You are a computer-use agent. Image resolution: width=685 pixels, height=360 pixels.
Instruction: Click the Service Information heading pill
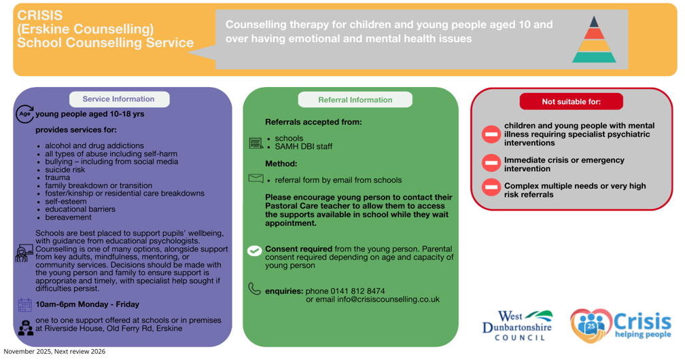(x=120, y=99)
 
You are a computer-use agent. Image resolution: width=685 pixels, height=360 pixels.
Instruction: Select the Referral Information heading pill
(x=355, y=100)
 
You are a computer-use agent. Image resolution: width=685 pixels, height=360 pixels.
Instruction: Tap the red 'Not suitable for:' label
(x=571, y=101)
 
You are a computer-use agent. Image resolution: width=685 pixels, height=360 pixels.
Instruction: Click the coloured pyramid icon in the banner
(x=594, y=39)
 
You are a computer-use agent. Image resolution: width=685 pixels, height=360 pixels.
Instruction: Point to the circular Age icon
(x=25, y=113)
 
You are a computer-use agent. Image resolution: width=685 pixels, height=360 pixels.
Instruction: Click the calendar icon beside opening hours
(x=25, y=304)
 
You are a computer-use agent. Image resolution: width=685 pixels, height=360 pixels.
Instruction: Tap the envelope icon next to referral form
(x=256, y=178)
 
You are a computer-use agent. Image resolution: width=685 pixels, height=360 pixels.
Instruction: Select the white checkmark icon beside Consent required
(x=255, y=251)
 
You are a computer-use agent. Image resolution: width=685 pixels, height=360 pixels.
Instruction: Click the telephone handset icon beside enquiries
(x=254, y=289)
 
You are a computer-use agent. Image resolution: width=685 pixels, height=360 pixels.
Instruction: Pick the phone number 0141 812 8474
(x=357, y=291)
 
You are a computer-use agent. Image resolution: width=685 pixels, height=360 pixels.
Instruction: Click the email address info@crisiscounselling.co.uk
(x=389, y=300)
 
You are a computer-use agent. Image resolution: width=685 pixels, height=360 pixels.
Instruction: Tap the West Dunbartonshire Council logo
(x=518, y=325)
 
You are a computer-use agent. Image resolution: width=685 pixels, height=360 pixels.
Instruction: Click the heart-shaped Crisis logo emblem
(x=591, y=325)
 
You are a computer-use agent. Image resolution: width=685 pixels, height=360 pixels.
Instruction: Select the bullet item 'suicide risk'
(x=65, y=170)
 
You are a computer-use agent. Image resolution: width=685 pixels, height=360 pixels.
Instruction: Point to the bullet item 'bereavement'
(x=68, y=217)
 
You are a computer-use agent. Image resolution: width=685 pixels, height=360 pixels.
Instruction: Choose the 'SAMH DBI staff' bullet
(x=304, y=146)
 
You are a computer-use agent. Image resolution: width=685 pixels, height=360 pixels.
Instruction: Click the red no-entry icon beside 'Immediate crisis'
(x=491, y=162)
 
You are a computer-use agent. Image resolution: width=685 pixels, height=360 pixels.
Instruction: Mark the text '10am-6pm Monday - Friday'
(x=88, y=304)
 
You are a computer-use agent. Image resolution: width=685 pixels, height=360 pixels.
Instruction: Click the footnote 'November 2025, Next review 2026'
(x=54, y=351)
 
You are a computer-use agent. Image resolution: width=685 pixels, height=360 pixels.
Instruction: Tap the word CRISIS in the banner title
(x=39, y=16)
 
